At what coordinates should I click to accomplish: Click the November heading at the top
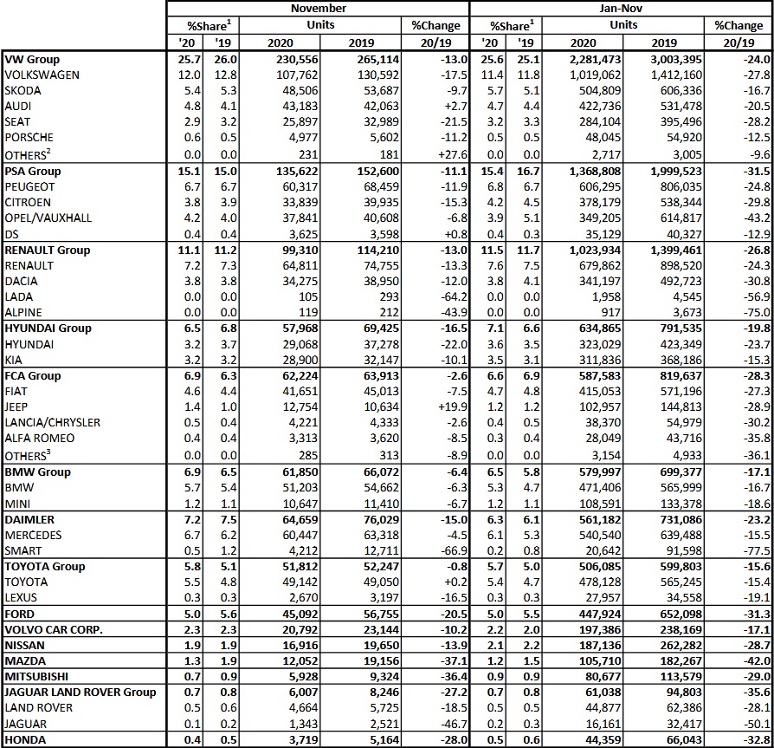(x=317, y=8)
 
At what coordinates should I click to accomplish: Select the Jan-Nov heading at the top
(x=621, y=8)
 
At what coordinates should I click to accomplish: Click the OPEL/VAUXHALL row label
(x=48, y=218)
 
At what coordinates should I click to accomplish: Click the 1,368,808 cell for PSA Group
(x=576, y=171)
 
